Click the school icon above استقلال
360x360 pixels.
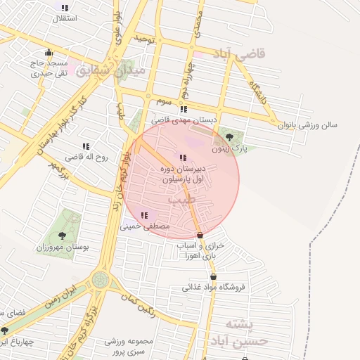pos(65,8)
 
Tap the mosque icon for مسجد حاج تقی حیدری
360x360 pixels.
pos(48,52)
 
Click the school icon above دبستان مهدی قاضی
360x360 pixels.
pos(184,109)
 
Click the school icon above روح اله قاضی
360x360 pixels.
pos(86,146)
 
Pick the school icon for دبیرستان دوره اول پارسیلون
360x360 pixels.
pos(183,157)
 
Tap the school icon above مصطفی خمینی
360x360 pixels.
pos(144,215)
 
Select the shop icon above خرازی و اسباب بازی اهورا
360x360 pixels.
pos(200,235)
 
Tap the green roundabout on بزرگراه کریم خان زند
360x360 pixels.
pos(101,280)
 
